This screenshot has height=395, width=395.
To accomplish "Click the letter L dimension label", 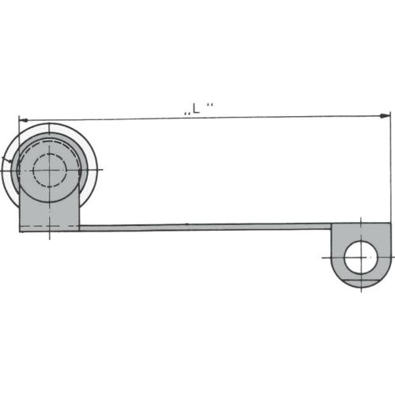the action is click(197, 108).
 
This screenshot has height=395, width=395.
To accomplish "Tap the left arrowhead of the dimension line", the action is click(24, 120).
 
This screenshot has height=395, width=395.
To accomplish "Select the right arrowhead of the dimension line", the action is click(385, 115).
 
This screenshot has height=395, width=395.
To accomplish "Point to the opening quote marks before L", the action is click(187, 114).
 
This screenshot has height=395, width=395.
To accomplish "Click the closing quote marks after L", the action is click(209, 105).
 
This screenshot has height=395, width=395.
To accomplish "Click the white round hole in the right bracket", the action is click(361, 257).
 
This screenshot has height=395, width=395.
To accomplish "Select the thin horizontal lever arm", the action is click(205, 228).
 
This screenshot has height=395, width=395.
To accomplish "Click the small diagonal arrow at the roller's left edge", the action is click(7, 160).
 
